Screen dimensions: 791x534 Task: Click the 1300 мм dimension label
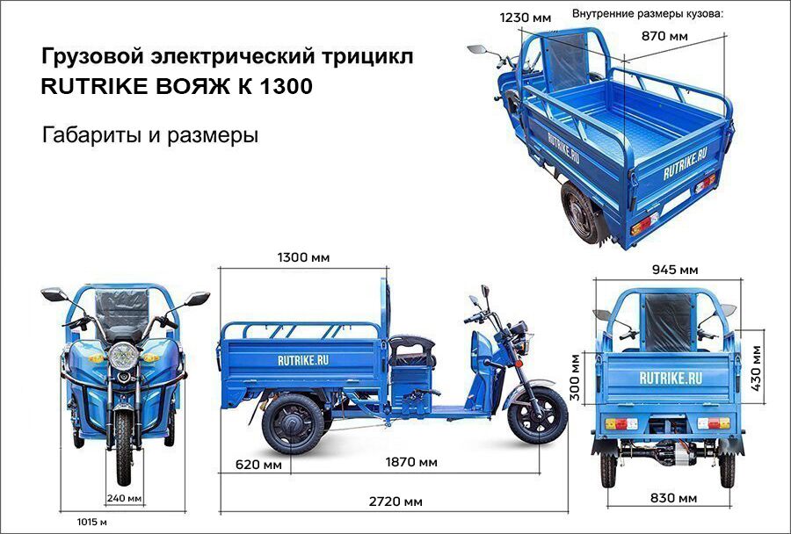click(x=304, y=257)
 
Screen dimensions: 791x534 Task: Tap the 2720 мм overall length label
click(x=395, y=502)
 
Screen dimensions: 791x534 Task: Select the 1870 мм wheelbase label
click(x=411, y=462)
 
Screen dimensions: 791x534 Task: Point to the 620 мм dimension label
click(x=258, y=464)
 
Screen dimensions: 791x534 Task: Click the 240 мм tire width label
click(x=124, y=498)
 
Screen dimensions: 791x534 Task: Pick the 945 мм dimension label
click(x=675, y=270)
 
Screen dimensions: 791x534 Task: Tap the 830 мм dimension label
click(x=673, y=498)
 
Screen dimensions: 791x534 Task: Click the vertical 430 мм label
click(x=756, y=368)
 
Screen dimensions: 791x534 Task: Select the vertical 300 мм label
click(x=575, y=377)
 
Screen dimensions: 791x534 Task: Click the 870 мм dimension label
click(x=664, y=36)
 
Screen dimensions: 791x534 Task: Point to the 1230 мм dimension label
click(x=526, y=18)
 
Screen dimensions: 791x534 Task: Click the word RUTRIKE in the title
click(x=92, y=86)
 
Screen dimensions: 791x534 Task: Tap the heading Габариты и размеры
click(x=149, y=135)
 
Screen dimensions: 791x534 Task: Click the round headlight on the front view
click(x=123, y=356)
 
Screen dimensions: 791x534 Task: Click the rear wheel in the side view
click(x=293, y=423)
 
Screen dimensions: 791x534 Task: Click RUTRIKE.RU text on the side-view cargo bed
click(x=302, y=360)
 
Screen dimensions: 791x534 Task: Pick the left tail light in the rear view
click(x=621, y=423)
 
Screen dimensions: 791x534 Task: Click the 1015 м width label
click(x=91, y=522)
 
